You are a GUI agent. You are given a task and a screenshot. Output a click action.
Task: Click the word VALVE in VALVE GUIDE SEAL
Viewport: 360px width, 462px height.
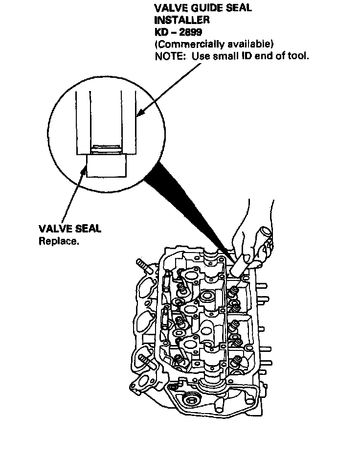coord(169,8)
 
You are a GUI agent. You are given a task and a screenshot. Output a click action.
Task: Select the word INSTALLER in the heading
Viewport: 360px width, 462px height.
coord(182,20)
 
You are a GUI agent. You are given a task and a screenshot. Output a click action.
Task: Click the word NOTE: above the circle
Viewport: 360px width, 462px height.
coord(170,56)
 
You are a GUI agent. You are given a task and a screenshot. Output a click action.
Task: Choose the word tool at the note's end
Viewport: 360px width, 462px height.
coord(298,56)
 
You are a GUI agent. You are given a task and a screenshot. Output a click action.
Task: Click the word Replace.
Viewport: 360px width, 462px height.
coord(58,241)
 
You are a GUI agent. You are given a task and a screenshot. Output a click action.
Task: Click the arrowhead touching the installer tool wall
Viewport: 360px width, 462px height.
coord(139,114)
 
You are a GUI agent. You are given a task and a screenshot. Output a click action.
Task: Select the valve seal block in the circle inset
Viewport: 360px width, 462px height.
coord(106,165)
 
